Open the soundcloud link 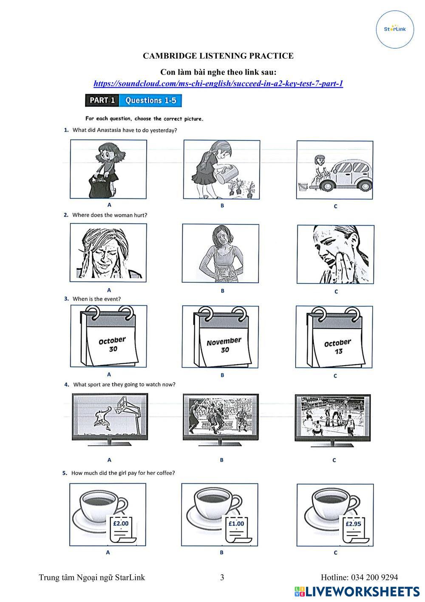(218, 83)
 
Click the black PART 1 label (102, 100)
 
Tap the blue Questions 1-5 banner (150, 100)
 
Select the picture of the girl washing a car (334, 170)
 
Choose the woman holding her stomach (221, 253)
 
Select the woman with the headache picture (108, 252)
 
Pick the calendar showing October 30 (109, 336)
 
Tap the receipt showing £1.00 (238, 529)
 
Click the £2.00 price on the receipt (121, 523)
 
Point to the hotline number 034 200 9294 (374, 577)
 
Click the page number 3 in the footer (222, 577)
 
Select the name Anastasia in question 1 (109, 130)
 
